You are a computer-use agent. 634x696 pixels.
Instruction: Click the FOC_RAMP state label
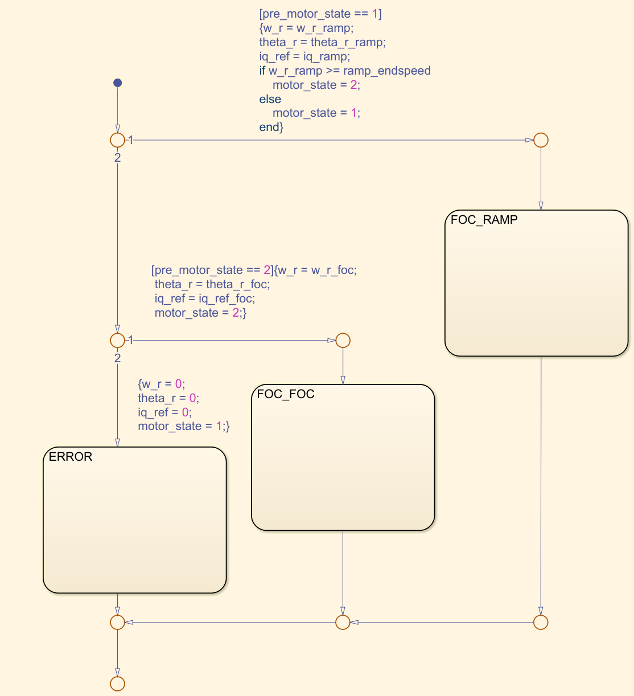484,220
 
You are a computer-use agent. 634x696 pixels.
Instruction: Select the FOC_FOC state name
285,394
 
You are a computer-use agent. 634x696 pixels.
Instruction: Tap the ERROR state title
71,457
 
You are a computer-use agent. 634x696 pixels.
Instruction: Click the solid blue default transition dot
117,83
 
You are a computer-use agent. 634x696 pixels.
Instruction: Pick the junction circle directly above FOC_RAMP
541,140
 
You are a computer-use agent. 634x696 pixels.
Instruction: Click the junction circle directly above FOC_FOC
343,341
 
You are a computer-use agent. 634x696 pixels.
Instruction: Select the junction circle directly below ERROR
117,622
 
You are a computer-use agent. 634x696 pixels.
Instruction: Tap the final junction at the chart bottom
117,683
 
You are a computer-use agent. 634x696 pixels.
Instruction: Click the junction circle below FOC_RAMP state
541,622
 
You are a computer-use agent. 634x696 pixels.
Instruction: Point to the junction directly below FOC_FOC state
343,622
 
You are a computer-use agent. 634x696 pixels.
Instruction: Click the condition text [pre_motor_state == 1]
320,14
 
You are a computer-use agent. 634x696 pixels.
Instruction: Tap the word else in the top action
270,99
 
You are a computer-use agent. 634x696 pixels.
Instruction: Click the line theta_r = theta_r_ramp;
322,42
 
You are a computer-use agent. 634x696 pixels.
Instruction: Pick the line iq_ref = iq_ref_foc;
205,298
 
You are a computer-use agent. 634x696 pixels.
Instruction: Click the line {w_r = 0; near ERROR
162,384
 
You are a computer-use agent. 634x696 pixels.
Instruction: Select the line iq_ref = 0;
164,412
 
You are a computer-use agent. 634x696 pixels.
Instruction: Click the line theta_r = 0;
168,398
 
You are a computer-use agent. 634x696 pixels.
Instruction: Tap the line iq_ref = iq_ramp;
304,56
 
